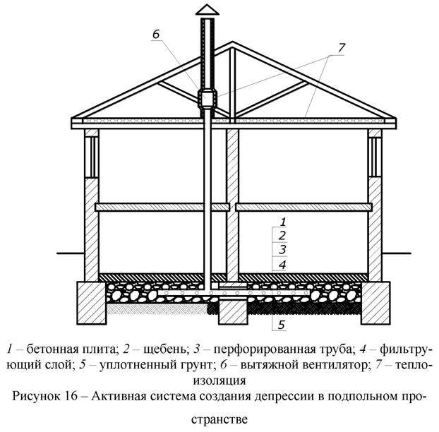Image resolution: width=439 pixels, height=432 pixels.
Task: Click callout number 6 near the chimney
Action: (156, 34)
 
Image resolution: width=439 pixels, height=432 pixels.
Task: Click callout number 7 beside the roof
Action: (342, 48)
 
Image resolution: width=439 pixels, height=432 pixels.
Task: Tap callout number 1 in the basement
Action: (283, 222)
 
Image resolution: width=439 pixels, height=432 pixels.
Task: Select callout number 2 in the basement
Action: (282, 236)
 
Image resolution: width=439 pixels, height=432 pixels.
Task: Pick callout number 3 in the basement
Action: (282, 250)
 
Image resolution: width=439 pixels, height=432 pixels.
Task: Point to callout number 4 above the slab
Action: (282, 265)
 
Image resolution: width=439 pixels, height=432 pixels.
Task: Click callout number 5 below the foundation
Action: (282, 325)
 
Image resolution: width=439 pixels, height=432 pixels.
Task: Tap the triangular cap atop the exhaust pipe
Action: (208, 9)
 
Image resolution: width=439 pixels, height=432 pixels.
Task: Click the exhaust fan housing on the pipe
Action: (208, 99)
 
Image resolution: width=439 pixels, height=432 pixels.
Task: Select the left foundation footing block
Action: (92, 303)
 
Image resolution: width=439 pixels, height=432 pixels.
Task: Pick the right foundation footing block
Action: (375, 303)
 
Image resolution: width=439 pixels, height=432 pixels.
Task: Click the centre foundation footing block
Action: (233, 312)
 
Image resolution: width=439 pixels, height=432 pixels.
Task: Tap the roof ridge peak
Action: (232, 42)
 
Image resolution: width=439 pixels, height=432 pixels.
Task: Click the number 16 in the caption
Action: (72, 396)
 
